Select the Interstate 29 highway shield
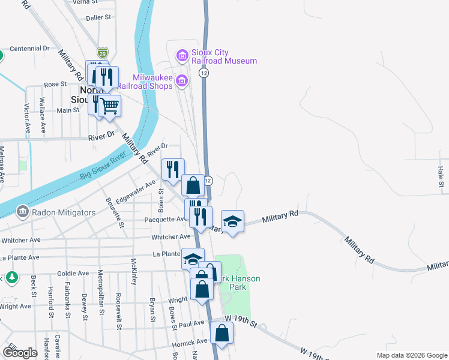click(x=104, y=53)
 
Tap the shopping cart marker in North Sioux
click(x=109, y=106)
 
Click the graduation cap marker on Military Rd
click(x=233, y=221)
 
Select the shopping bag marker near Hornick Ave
click(x=222, y=333)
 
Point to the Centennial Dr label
click(x=28, y=48)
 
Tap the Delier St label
click(x=99, y=18)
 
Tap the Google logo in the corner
click(x=20, y=352)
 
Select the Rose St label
click(x=54, y=84)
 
